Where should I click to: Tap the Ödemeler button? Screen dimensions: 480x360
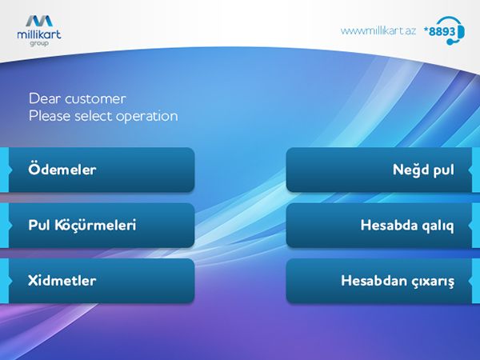[x=102, y=170]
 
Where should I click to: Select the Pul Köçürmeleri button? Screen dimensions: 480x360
[x=102, y=226]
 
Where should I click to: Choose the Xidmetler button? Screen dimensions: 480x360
[x=102, y=281]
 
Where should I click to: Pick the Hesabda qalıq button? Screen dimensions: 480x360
[x=379, y=226]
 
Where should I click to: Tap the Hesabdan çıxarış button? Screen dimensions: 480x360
[x=379, y=281]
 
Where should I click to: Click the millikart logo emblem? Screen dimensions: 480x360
[x=39, y=21]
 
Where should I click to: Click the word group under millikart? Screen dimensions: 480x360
[x=39, y=43]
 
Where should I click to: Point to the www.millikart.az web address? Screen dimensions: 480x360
[x=378, y=31]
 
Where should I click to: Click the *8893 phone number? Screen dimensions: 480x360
[x=439, y=31]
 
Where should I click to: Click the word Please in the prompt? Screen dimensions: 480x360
[x=50, y=116]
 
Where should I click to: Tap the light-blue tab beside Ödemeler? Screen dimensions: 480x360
[x=5, y=170]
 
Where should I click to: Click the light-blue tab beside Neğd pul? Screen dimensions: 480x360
[x=475, y=170]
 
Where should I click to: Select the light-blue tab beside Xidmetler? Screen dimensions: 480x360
[x=5, y=281]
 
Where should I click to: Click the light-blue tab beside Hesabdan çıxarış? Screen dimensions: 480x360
[x=475, y=281]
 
